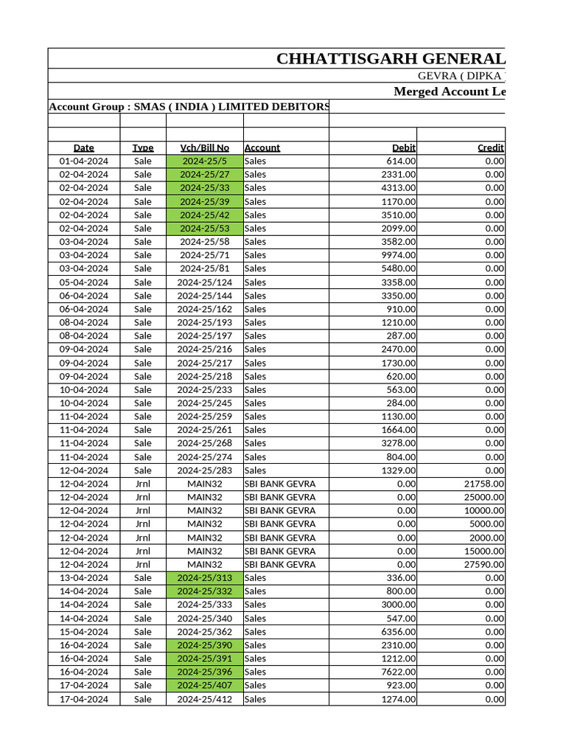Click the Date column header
pyautogui.click(x=84, y=147)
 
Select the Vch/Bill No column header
pyautogui.click(x=205, y=147)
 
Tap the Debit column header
pyautogui.click(x=403, y=147)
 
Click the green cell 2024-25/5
pyautogui.click(x=205, y=161)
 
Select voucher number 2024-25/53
pyautogui.click(x=205, y=228)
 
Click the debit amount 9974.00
pyautogui.click(x=398, y=255)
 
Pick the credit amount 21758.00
pyautogui.click(x=483, y=484)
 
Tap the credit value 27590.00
pyautogui.click(x=483, y=564)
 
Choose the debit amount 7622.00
pyautogui.click(x=398, y=672)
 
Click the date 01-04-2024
pyautogui.click(x=84, y=161)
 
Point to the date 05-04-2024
pyautogui.click(x=84, y=282)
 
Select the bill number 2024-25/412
pyautogui.click(x=205, y=699)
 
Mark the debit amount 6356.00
pyautogui.click(x=398, y=632)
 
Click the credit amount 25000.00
pyautogui.click(x=483, y=497)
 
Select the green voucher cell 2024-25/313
pyautogui.click(x=205, y=577)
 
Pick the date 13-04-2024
pyautogui.click(x=84, y=577)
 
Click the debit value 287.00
pyautogui.click(x=401, y=335)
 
